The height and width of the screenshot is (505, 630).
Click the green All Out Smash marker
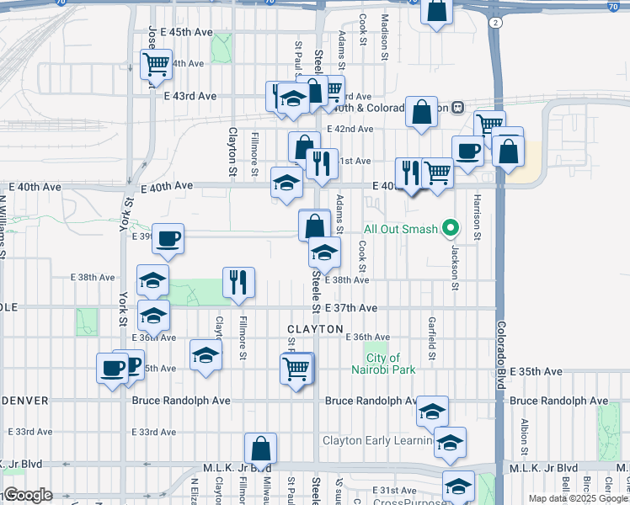pos(451,228)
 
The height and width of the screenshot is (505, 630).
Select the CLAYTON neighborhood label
pos(315,328)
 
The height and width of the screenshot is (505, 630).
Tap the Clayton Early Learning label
pos(377,440)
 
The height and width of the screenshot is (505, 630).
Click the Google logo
pos(27,495)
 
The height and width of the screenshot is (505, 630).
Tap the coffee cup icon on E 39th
pos(168,238)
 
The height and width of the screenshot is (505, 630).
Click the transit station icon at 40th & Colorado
pos(458,108)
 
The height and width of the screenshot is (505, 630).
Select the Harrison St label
pos(477,216)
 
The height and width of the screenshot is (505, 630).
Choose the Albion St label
pos(524,435)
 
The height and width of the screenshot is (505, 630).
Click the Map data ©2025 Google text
pos(577,498)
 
